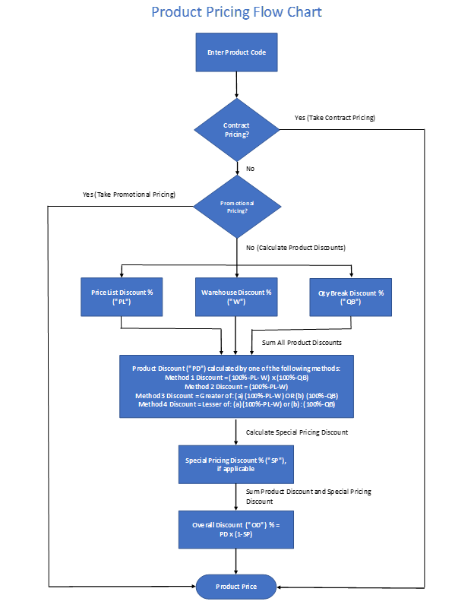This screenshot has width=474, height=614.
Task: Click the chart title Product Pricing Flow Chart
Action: pyautogui.click(x=236, y=12)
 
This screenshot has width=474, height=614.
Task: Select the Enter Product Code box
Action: pyautogui.click(x=236, y=52)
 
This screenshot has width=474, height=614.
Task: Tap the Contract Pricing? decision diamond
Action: pyautogui.click(x=237, y=130)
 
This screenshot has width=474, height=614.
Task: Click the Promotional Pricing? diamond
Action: pyautogui.click(x=237, y=207)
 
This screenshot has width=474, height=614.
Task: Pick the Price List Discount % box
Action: pyautogui.click(x=122, y=297)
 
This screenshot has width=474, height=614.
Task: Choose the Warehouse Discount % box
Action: pyautogui.click(x=236, y=297)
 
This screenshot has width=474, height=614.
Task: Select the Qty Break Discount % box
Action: pyautogui.click(x=351, y=297)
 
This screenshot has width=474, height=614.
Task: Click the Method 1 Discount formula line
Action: pyautogui.click(x=236, y=378)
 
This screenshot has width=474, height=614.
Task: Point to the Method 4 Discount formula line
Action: pyautogui.click(x=236, y=404)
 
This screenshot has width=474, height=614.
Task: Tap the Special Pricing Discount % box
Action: pyautogui.click(x=236, y=464)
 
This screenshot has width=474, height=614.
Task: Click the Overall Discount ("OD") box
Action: pyautogui.click(x=236, y=530)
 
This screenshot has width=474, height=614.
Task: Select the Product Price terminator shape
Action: pyautogui.click(x=236, y=587)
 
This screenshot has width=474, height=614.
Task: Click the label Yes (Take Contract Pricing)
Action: pyautogui.click(x=335, y=118)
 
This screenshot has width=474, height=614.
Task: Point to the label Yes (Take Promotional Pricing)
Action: pyautogui.click(x=129, y=195)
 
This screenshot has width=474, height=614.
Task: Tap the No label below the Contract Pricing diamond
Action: pyautogui.click(x=250, y=169)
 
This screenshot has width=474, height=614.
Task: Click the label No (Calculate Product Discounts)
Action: pyautogui.click(x=295, y=248)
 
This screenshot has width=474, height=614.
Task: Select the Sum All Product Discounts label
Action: pyautogui.click(x=302, y=343)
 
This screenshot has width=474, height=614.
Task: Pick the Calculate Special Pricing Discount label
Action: pyautogui.click(x=297, y=432)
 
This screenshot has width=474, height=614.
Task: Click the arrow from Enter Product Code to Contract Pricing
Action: pyautogui.click(x=236, y=84)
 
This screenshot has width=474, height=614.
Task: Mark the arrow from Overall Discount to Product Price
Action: pyautogui.click(x=236, y=561)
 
